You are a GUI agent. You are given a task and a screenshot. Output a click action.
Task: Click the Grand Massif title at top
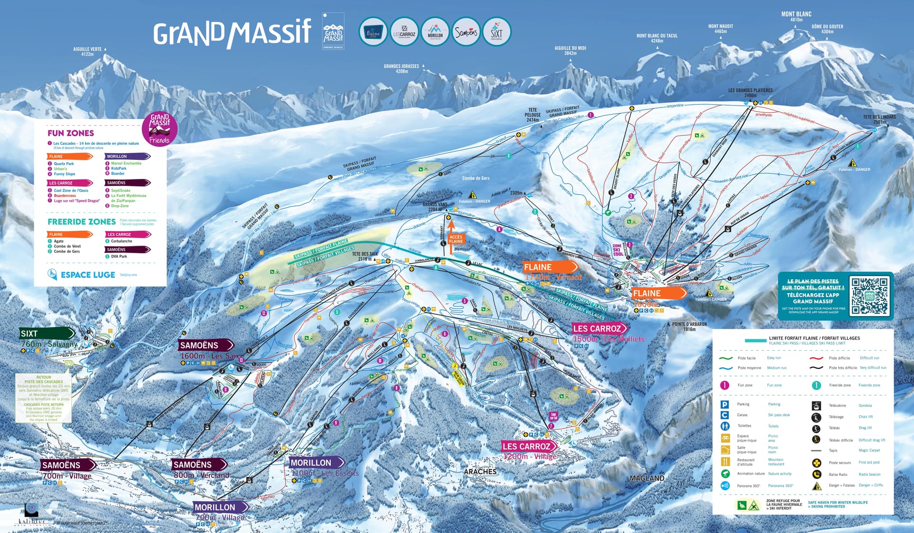point(232,33)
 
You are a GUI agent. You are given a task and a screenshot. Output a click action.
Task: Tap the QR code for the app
point(870,296)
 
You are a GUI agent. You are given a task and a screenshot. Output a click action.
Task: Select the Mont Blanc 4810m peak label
point(796,17)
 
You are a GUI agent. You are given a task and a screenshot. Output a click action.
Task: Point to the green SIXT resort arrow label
point(47,334)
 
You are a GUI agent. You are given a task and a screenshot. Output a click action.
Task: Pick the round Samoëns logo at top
point(466,32)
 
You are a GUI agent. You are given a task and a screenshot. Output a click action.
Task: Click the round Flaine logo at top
point(373,32)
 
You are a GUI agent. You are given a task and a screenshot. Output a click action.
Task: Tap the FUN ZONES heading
point(70,133)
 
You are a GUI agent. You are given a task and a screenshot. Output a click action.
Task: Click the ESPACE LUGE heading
point(88,275)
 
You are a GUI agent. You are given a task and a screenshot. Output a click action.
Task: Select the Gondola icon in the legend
point(816,406)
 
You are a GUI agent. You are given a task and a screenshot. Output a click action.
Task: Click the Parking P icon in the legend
point(725,405)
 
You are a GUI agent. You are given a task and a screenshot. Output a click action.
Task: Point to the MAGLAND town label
point(646,478)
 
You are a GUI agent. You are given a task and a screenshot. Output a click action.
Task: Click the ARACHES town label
point(480,472)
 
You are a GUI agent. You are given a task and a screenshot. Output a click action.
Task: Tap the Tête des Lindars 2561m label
point(879,119)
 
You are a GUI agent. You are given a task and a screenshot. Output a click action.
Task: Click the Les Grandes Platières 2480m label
point(750,92)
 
